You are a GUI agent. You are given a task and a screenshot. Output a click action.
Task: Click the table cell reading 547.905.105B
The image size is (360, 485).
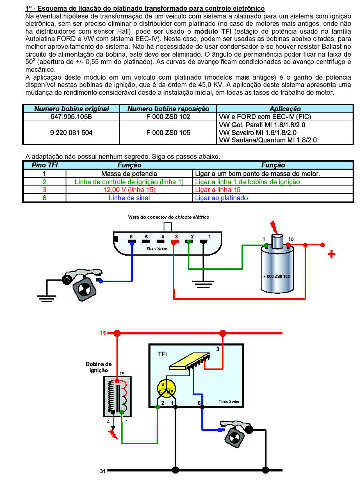click(x=71, y=117)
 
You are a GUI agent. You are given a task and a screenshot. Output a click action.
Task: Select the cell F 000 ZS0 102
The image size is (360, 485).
click(x=168, y=117)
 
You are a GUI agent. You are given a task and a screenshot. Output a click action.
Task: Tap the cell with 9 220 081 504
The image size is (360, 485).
click(x=71, y=133)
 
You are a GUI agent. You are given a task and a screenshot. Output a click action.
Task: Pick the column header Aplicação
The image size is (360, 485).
click(x=285, y=109)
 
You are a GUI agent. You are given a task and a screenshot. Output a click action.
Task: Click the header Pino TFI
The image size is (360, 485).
click(x=44, y=165)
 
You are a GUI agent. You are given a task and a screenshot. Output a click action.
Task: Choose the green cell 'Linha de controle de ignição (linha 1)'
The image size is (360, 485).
click(x=129, y=182)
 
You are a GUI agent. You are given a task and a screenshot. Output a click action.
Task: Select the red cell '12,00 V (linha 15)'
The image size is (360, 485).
click(x=129, y=190)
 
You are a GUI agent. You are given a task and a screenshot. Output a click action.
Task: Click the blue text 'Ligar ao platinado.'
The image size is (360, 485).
click(x=222, y=198)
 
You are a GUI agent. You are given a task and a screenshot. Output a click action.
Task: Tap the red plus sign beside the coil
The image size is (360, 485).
click(x=331, y=254)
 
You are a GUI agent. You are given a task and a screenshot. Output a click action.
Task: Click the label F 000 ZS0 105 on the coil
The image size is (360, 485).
click(x=276, y=276)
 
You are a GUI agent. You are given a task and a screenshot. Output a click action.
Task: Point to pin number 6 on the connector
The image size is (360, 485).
click(x=131, y=237)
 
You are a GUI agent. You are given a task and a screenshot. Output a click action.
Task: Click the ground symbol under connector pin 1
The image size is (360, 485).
click(x=203, y=283)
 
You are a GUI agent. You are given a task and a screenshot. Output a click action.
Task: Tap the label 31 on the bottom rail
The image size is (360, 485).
click(x=103, y=471)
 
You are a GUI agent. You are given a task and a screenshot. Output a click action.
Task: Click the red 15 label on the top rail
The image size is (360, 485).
click(x=103, y=333)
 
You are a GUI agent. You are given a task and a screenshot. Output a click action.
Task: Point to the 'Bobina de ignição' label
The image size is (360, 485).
click(x=98, y=367)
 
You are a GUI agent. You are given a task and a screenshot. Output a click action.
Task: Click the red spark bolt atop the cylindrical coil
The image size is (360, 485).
click(x=273, y=226)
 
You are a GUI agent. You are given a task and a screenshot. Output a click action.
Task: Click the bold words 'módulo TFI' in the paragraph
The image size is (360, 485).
click(x=212, y=31)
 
